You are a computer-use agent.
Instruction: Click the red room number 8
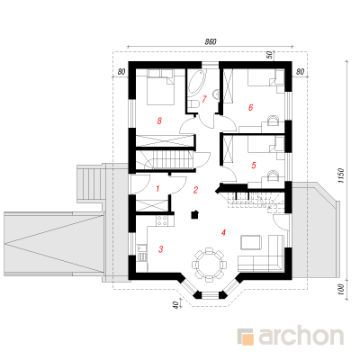click(x=159, y=121)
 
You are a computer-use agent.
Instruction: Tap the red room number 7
click(x=204, y=99)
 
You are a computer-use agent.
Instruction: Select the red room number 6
click(x=250, y=107)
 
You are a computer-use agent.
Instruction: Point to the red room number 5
click(x=254, y=165)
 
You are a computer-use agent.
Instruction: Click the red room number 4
click(x=223, y=232)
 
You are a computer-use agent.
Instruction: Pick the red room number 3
click(x=161, y=248)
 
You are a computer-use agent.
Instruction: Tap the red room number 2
click(x=195, y=190)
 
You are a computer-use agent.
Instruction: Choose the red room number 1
click(x=157, y=189)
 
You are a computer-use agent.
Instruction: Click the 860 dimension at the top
click(x=211, y=42)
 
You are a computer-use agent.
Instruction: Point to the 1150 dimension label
click(x=340, y=175)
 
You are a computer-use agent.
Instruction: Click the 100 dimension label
click(x=340, y=290)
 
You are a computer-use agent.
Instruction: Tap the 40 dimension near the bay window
click(x=176, y=305)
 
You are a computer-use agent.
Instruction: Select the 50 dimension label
click(x=269, y=55)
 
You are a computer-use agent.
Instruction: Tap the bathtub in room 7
click(x=196, y=82)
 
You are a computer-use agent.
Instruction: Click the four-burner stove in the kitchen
click(x=162, y=221)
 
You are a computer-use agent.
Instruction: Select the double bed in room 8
click(x=160, y=87)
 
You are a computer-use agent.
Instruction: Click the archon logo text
click(x=301, y=337)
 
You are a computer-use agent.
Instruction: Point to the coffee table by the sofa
click(x=251, y=242)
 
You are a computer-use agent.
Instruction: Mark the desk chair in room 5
click(x=273, y=175)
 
